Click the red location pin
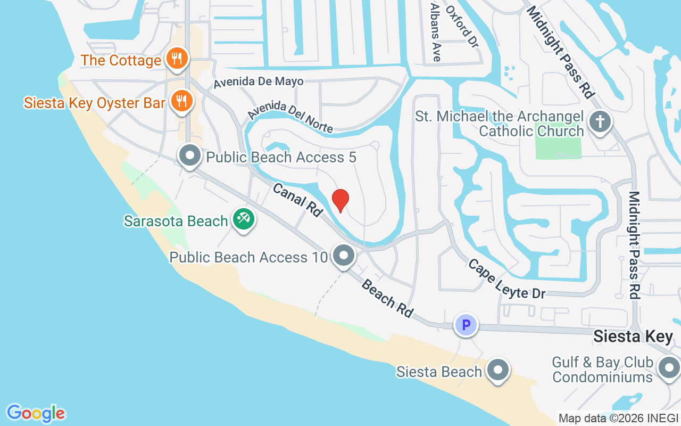coord(340,200)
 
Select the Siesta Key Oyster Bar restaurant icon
coord(181,100)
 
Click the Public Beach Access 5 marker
coord(190,157)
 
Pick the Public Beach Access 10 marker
coord(344,256)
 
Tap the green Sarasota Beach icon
coord(244,219)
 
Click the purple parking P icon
coord(466,324)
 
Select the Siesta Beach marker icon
coord(498,370)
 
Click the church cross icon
coord(600,122)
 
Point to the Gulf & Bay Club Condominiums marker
coord(669,368)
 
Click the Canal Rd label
coord(297,199)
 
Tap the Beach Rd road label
coord(387,298)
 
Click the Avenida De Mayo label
coord(259,82)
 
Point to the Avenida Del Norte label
coord(290,117)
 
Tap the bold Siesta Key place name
coord(633,337)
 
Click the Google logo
coord(36,413)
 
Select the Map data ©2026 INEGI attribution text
coord(618,418)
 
